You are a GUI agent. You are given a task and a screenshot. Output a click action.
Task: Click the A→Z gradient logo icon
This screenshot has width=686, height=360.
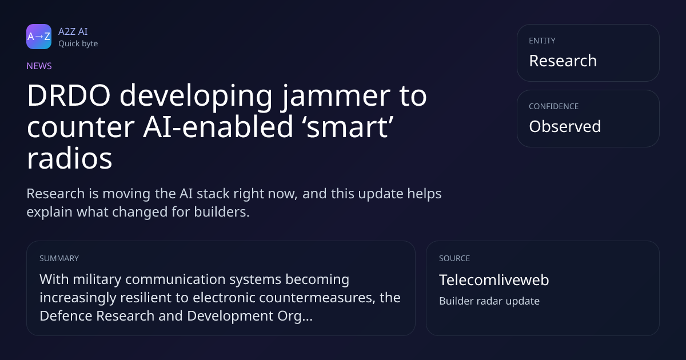click(x=39, y=37)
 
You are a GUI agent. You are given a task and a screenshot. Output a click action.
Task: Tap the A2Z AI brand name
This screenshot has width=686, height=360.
click(x=73, y=31)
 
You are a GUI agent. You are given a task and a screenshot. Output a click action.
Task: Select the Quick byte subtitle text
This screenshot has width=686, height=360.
click(x=78, y=44)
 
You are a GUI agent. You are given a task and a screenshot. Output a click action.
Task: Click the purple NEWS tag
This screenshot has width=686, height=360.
click(x=39, y=66)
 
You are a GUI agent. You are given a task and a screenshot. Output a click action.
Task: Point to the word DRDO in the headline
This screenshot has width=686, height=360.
click(x=69, y=96)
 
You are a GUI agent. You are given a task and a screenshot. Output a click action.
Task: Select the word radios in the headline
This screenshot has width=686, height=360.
click(x=70, y=159)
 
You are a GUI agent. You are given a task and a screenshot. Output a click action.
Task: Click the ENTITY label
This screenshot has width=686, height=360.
click(x=542, y=41)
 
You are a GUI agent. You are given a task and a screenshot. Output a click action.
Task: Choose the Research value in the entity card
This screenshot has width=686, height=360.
click(x=563, y=61)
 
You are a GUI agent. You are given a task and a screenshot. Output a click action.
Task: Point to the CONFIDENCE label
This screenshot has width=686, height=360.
click(x=554, y=106)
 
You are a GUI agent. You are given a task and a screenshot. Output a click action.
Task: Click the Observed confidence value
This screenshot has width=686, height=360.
click(x=565, y=126)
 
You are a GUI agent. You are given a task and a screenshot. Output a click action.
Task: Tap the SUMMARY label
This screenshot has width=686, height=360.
click(x=59, y=258)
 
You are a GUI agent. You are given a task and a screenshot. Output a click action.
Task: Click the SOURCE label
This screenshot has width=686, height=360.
click(x=454, y=258)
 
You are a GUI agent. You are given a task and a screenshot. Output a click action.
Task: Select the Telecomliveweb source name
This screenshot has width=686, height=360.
click(x=494, y=280)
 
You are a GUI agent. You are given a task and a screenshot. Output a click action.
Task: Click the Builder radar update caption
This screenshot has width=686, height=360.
click(x=489, y=301)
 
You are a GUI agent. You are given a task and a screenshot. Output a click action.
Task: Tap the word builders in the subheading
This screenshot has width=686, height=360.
click(x=222, y=212)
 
